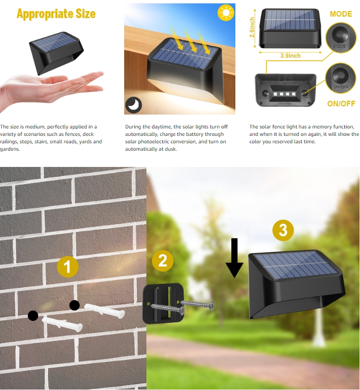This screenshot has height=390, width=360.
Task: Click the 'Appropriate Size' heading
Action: (56, 13)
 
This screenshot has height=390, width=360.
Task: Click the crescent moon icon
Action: (134, 105)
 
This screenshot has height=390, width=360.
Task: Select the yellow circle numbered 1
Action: (68, 267)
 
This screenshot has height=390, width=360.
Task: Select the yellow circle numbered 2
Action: (163, 261)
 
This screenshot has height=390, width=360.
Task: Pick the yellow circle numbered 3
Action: (283, 230)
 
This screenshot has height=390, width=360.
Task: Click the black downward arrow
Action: (234, 258)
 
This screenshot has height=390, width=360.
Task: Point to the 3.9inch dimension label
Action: (290, 56)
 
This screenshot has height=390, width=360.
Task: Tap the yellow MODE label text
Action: (341, 14)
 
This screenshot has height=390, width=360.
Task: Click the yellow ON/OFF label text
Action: (341, 103)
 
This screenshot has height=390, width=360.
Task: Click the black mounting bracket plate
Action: (163, 304)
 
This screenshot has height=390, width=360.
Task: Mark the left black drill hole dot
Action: (33, 316)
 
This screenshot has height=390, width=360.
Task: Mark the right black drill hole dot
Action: (74, 305)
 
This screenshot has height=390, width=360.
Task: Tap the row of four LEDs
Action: (285, 92)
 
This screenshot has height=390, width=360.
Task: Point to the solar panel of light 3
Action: (295, 265)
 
